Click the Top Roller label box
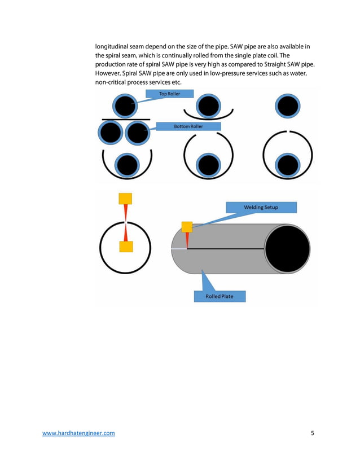tap(170, 94)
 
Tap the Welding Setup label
tap(260, 207)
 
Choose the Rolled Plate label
tap(219, 296)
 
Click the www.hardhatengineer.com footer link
tap(79, 433)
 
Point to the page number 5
tap(312, 433)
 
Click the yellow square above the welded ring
tap(125, 199)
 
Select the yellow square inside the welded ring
tap(126, 247)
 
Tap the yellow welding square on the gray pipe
tap(187, 227)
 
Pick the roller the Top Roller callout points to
tap(126, 105)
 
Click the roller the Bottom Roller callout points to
tap(136, 133)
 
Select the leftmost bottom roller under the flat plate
tap(111, 133)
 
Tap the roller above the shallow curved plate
tap(208, 105)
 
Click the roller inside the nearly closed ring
tap(288, 165)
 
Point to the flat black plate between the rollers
tap(126, 119)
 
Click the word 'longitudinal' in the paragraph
tap(113, 46)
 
